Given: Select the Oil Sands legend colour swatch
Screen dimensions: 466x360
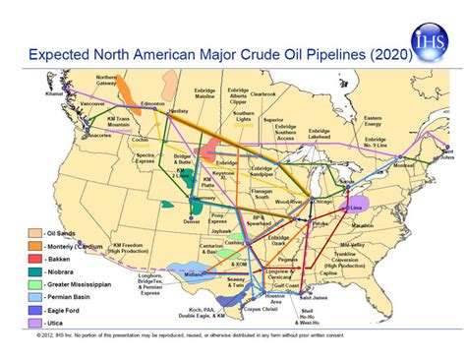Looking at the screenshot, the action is pos(33,232).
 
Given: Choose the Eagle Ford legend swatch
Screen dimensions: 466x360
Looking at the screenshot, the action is pos(33,308).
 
